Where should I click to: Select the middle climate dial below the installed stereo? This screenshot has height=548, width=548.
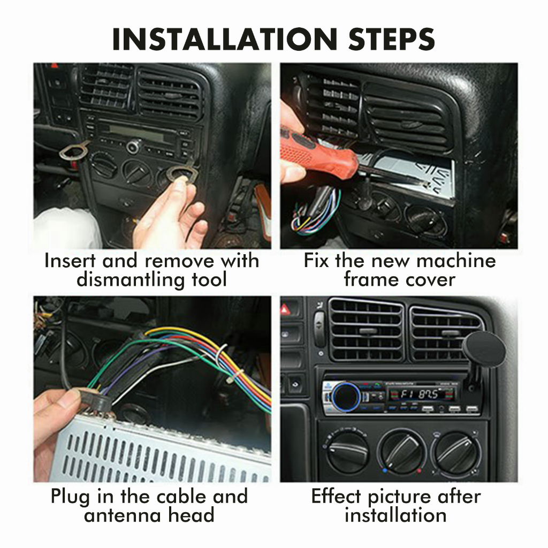[x=402, y=452]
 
